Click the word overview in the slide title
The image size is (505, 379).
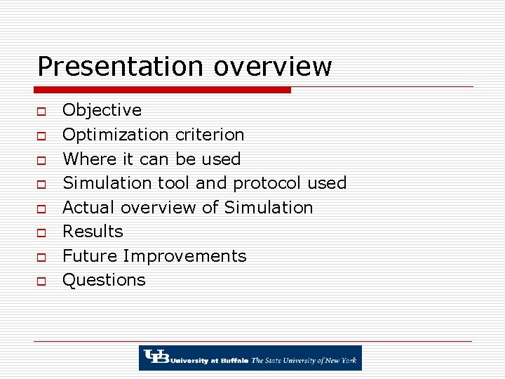point(273,67)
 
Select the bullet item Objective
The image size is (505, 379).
point(102,110)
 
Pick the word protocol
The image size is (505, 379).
point(267,183)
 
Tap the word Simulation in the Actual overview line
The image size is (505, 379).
point(268,208)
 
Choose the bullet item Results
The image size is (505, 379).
point(93,232)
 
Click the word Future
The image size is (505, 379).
point(87,256)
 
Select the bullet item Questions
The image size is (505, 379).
point(104,280)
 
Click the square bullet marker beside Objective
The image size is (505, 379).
point(41,111)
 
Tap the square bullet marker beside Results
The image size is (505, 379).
point(41,232)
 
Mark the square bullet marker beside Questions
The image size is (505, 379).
point(41,281)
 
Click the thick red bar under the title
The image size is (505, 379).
point(162,90)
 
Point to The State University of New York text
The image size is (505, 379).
point(304,360)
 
